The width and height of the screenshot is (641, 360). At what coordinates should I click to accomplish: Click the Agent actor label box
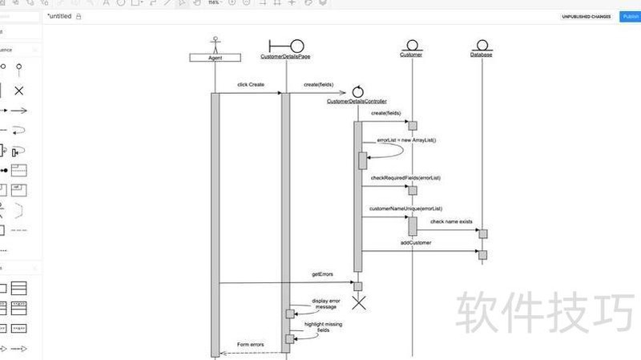pos(215,58)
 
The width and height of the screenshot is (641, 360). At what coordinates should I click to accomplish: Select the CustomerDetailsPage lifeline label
pos(285,56)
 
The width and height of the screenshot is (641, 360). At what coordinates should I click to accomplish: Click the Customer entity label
pos(411,55)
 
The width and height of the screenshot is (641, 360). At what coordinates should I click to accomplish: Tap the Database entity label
pos(482,55)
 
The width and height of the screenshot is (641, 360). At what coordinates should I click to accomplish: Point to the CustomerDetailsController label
pos(357,102)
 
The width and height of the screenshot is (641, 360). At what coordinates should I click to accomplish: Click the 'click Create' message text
pos(250,84)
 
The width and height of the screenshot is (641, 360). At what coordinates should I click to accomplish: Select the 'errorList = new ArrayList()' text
pos(406,140)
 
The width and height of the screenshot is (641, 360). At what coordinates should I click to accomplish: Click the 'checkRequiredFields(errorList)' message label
pos(405,177)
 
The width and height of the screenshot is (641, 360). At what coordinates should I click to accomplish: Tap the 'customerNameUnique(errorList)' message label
pos(405,208)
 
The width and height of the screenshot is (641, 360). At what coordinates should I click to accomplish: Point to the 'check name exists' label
pos(451,221)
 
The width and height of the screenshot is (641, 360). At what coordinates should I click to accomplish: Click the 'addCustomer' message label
pos(417,242)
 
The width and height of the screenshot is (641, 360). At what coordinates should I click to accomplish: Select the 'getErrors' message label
pos(322,274)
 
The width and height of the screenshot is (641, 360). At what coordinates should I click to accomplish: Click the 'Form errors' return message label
pos(250,345)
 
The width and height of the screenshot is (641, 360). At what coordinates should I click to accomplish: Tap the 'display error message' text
pos(325,304)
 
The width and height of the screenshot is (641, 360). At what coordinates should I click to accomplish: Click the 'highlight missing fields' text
pos(323,327)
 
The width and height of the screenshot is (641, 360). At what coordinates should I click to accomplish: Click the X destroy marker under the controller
pos(359,302)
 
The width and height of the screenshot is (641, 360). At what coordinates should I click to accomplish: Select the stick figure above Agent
pos(215,43)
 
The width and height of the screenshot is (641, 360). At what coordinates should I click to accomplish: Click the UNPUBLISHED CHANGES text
pos(586,16)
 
